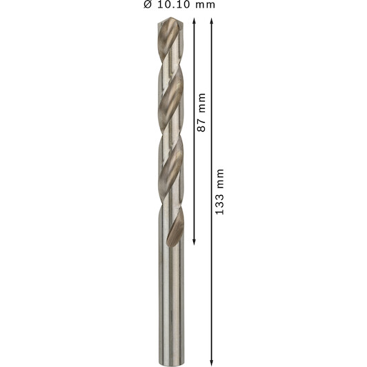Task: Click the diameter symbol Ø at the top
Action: pos(148,4)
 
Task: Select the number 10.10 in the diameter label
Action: pos(175,5)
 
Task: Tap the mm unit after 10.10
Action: pos(205,6)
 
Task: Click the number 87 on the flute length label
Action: pos(201,126)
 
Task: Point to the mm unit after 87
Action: pos(201,103)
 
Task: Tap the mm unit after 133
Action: pos(220,179)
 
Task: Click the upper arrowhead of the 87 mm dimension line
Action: pos(194,21)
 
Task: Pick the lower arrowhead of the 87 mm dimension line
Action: pos(194,242)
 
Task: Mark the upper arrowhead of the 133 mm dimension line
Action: pos(212,21)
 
